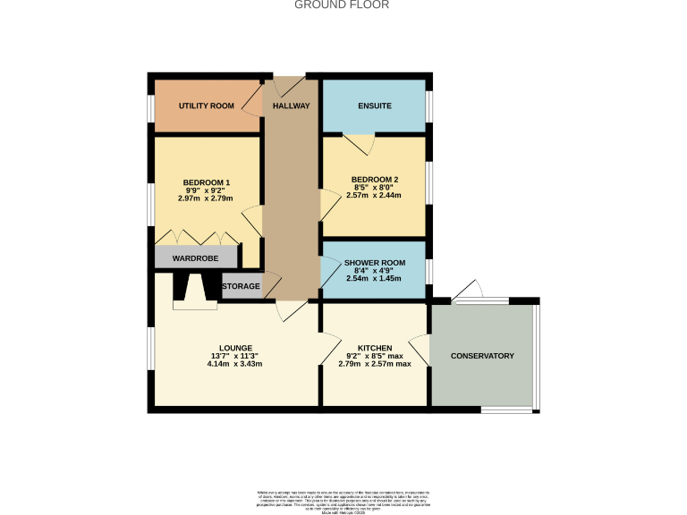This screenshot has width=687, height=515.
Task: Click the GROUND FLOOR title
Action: tap(343, 4)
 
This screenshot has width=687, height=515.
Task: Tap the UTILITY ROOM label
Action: tap(207, 106)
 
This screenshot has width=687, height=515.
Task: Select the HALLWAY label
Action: tap(291, 106)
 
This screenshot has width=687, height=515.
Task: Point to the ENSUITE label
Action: tap(375, 106)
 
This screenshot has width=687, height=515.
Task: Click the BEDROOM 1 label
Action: tap(207, 182)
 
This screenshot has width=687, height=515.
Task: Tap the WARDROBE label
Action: tap(196, 257)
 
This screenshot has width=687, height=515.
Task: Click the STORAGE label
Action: tap(241, 287)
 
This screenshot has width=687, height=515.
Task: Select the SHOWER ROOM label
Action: tap(375, 263)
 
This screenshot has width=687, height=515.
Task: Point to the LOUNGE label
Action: tap(236, 348)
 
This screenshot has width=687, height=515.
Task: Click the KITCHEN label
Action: tap(375, 348)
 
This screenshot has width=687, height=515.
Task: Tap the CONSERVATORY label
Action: tap(482, 356)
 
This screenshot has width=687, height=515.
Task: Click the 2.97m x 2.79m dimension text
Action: tap(207, 198)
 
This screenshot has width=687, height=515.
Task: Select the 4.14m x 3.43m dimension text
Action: tap(236, 364)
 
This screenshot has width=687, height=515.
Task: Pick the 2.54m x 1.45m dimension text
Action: tap(375, 279)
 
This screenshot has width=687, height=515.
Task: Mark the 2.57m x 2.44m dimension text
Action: tap(375, 195)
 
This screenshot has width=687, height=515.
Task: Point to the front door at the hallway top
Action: tap(290, 86)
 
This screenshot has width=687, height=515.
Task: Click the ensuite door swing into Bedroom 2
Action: tap(360, 143)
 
